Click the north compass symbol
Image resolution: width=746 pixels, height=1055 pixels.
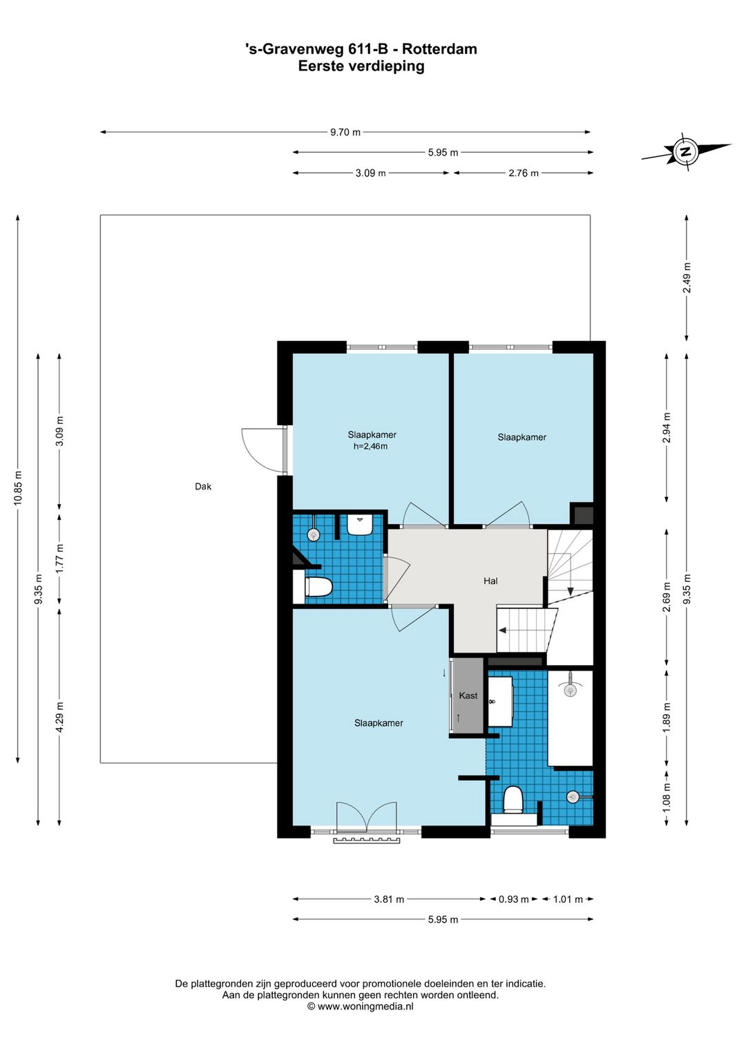pyautogui.click(x=686, y=151)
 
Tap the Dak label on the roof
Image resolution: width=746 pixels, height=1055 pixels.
pyautogui.click(x=203, y=487)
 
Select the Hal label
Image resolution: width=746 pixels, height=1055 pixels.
pyautogui.click(x=490, y=581)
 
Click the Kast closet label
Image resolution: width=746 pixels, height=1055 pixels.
pyautogui.click(x=468, y=695)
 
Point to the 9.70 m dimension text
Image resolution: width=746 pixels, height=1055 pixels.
pyautogui.click(x=345, y=132)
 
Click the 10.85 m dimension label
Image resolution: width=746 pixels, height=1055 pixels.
pyautogui.click(x=18, y=488)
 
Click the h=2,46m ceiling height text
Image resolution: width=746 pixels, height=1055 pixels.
pyautogui.click(x=370, y=447)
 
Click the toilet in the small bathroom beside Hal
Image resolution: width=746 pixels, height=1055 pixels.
pyautogui.click(x=318, y=588)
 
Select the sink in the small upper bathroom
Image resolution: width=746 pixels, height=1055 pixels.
pyautogui.click(x=360, y=524)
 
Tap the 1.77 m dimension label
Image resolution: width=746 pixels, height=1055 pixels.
pyautogui.click(x=59, y=559)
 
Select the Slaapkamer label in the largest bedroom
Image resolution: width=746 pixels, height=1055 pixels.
pyautogui.click(x=379, y=723)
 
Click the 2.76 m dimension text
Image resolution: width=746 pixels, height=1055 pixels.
pyautogui.click(x=524, y=173)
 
